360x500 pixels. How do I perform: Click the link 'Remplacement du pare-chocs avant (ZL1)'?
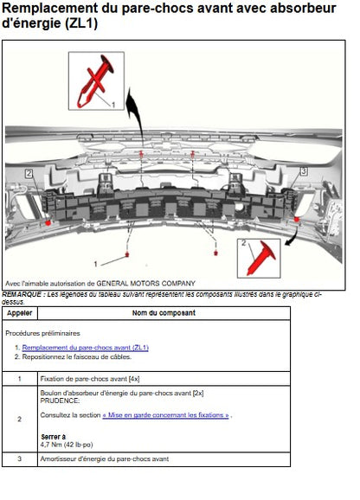[85, 348]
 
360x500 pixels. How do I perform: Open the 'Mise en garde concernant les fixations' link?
[165, 415]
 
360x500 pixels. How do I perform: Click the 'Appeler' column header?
[19, 313]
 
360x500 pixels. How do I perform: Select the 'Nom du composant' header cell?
[164, 313]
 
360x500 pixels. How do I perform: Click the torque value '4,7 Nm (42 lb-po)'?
[67, 445]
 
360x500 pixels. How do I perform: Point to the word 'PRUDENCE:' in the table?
[60, 401]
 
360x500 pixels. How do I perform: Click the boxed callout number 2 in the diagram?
[29, 174]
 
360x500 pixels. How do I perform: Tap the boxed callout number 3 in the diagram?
[304, 171]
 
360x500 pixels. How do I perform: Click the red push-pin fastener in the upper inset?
[94, 81]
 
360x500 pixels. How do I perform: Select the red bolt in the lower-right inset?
[261, 259]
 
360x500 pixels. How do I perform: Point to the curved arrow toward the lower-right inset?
[294, 238]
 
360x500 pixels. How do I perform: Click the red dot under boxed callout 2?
[48, 222]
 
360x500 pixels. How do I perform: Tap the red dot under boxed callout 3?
[297, 220]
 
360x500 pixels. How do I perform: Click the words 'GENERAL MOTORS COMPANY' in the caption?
[145, 283]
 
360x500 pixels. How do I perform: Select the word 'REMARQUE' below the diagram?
[22, 294]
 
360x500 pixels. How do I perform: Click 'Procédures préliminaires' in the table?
[42, 334]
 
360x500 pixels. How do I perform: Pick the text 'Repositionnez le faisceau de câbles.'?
[76, 356]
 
